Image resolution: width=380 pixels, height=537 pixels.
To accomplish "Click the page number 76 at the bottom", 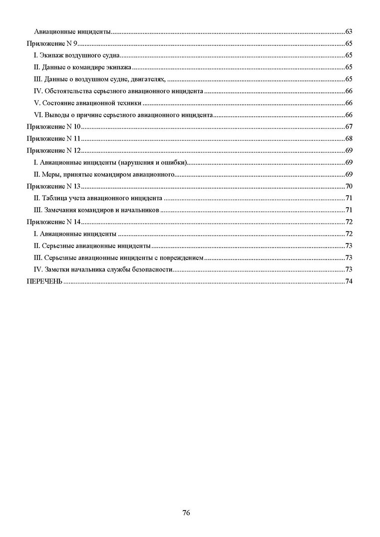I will click(x=186, y=513).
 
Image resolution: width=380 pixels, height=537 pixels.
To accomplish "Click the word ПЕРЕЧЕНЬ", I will click(x=44, y=281).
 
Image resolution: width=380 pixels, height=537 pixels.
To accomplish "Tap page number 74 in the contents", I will click(x=349, y=281).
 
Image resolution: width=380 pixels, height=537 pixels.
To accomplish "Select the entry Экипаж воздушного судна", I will click(x=77, y=55).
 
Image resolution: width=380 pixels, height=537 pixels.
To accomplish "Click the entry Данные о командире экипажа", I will click(x=82, y=67).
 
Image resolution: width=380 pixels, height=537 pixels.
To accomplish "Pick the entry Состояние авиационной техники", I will click(x=88, y=103).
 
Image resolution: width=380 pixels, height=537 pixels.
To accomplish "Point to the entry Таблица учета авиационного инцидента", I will click(x=97, y=198).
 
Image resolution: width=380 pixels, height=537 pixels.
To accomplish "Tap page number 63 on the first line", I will click(x=349, y=31).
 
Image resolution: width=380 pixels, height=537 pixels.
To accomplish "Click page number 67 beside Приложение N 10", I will click(x=349, y=127).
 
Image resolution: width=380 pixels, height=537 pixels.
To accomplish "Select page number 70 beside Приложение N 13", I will click(x=349, y=186).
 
